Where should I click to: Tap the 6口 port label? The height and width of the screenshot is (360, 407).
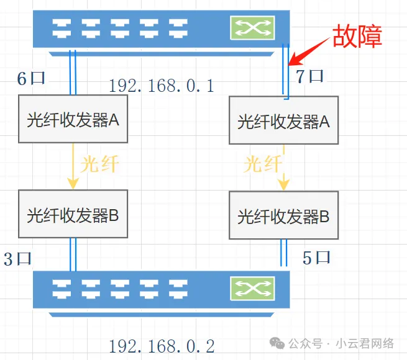click(30, 79)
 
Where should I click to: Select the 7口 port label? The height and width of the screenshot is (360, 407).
click(309, 77)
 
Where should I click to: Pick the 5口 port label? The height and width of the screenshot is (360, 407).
click(317, 258)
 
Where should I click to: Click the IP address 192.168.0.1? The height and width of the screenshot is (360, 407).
click(162, 86)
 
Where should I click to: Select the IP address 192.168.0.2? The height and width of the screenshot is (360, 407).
click(162, 346)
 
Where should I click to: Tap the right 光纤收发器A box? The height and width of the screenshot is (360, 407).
click(283, 122)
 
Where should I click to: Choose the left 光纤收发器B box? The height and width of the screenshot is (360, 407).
click(73, 215)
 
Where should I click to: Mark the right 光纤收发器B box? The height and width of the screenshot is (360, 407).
click(283, 217)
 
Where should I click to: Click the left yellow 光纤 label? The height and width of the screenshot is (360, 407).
click(99, 164)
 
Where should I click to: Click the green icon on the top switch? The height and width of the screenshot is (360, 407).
click(252, 27)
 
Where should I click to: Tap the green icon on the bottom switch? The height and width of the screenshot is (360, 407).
click(252, 287)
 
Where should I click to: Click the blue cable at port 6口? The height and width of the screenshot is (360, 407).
click(73, 73)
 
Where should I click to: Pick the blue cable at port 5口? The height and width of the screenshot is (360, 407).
click(285, 253)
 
